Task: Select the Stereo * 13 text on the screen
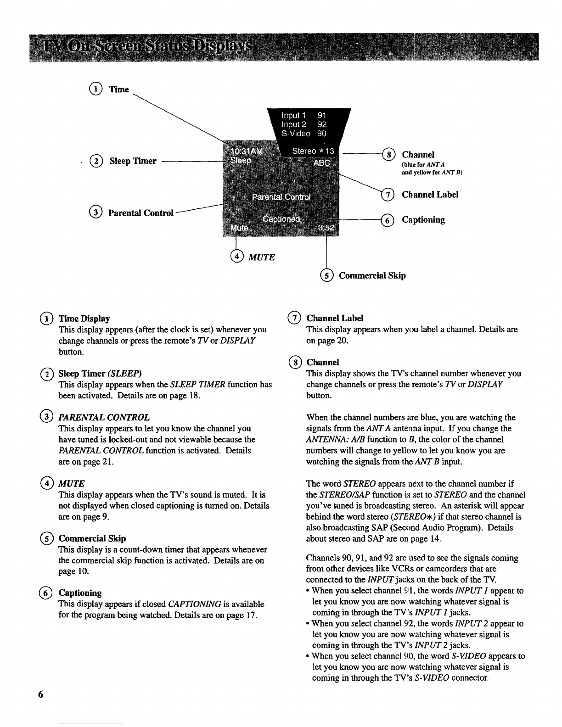(x=313, y=151)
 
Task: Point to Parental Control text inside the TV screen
(x=281, y=197)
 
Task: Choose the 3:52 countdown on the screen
(x=326, y=228)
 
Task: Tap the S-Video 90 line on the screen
(x=303, y=134)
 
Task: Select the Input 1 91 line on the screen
(x=303, y=115)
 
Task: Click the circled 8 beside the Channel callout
(x=389, y=154)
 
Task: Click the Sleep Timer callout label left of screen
(x=133, y=161)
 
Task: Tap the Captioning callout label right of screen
(x=423, y=220)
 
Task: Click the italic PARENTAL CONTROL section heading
(x=103, y=418)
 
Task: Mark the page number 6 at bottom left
(x=41, y=694)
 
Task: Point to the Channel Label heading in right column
(x=335, y=318)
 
